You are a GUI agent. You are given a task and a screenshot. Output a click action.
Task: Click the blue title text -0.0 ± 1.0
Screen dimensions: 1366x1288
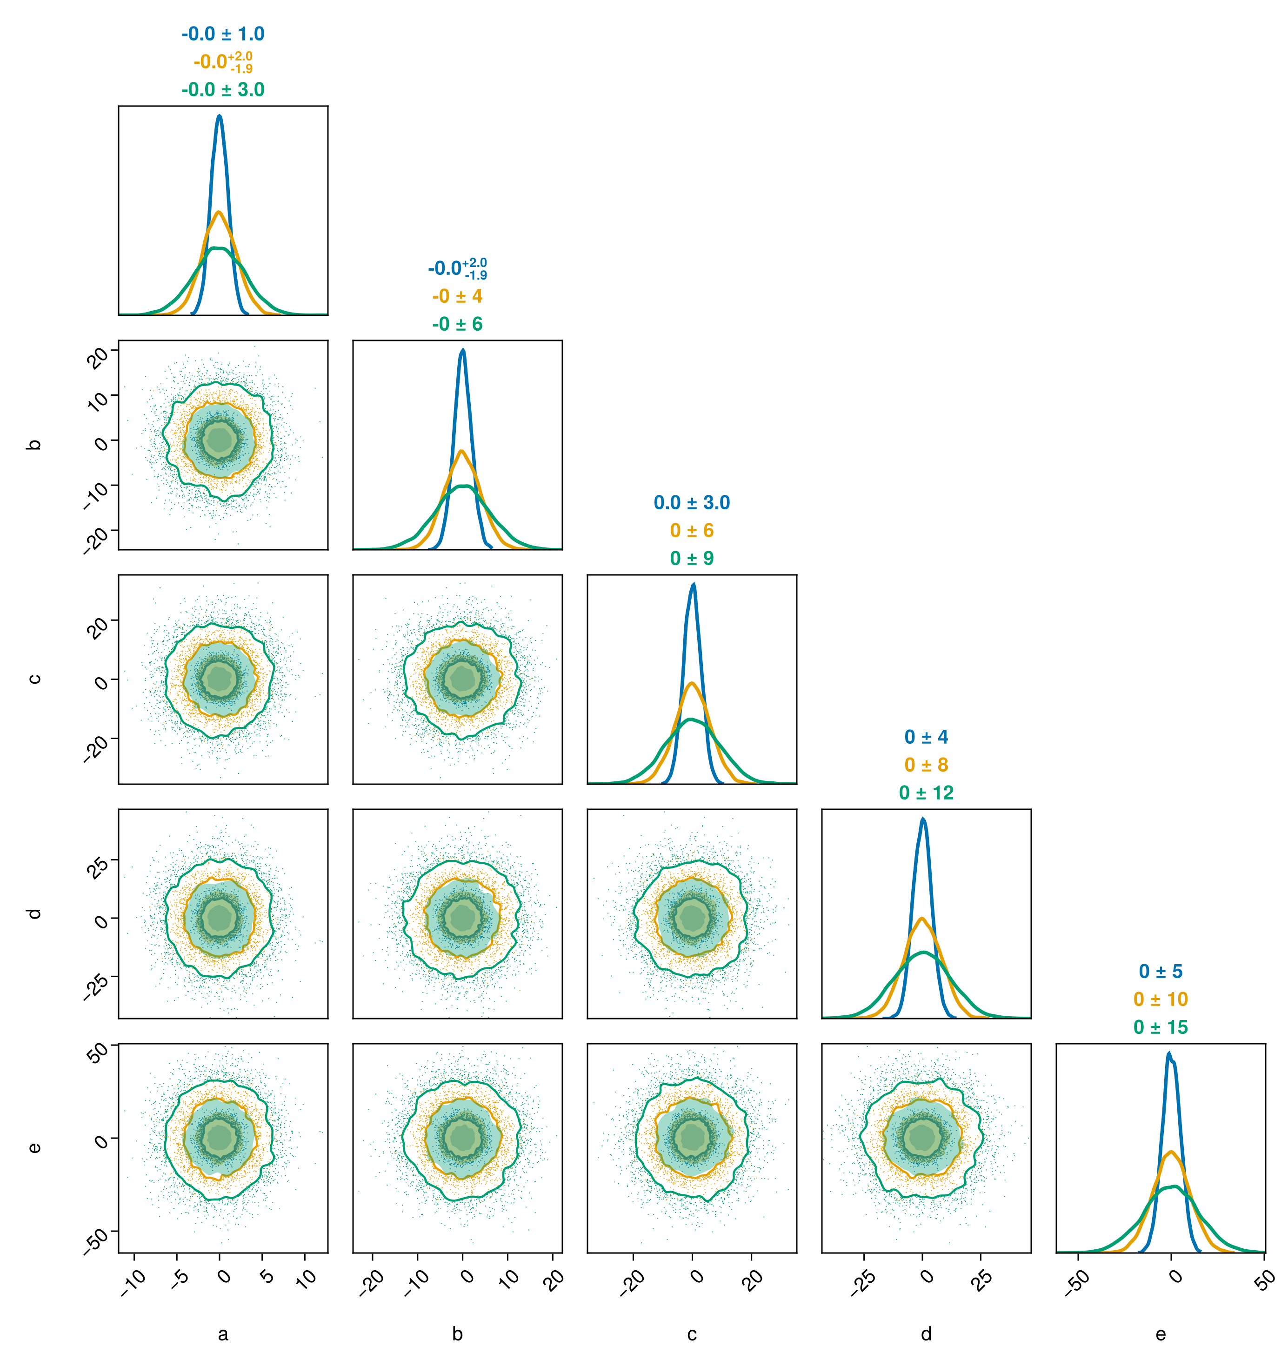[x=223, y=33]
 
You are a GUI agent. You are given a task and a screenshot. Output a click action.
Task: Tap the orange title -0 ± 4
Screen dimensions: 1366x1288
[x=457, y=296]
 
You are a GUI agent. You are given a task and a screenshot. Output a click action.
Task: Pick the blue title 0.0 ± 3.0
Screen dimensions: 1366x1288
[x=691, y=502]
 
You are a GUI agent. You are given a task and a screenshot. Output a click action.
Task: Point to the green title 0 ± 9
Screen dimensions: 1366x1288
[x=691, y=559]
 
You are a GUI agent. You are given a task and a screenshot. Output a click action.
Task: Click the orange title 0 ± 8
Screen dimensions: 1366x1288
[x=926, y=765]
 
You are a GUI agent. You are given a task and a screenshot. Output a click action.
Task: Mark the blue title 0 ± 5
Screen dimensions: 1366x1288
[x=1160, y=971]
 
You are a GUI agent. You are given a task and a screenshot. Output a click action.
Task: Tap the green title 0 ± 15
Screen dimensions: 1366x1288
[x=1160, y=1027]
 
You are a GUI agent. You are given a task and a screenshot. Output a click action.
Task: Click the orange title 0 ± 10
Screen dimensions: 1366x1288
[x=1160, y=999]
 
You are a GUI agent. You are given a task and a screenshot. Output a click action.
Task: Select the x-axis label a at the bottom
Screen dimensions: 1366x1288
[x=223, y=1334]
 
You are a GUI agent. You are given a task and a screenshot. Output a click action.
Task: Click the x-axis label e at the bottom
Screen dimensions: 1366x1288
[x=1160, y=1334]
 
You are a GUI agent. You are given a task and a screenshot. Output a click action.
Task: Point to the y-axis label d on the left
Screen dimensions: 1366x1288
[x=33, y=913]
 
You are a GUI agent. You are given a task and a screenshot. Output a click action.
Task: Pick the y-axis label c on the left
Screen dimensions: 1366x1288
[x=33, y=679]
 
